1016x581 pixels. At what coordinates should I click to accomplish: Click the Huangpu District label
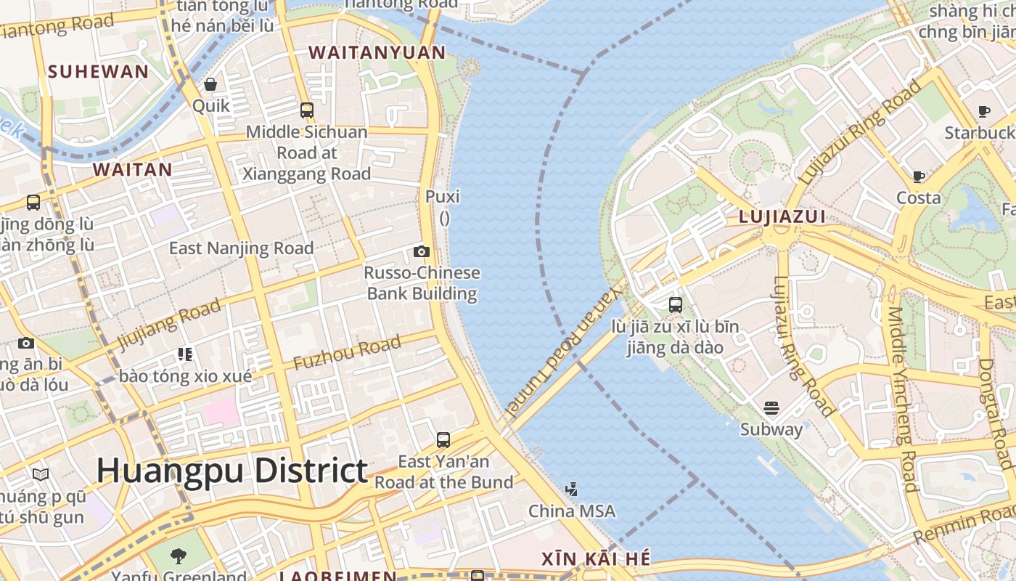point(232,471)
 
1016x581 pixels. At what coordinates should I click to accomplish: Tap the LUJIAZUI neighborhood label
point(782,216)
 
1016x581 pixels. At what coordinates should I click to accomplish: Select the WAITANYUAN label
point(377,52)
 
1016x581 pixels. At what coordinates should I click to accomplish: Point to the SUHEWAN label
point(98,71)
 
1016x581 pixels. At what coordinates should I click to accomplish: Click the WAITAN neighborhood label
point(133,170)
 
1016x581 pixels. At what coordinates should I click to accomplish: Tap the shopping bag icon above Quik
point(210,85)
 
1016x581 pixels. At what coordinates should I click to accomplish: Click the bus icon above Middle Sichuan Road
point(307,110)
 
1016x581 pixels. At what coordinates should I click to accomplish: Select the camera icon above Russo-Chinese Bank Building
point(422,252)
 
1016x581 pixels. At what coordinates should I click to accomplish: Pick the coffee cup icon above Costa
point(919,176)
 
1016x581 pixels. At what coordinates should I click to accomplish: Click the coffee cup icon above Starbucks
point(984,111)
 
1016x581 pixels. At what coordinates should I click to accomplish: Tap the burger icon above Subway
point(771,408)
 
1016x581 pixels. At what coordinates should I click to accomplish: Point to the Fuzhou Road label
point(347,353)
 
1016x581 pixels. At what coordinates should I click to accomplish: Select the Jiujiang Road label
point(169,324)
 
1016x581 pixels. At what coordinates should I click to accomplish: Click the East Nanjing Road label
point(241,248)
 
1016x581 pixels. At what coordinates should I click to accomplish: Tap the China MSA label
point(572,511)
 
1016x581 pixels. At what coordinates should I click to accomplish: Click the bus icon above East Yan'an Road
point(443,439)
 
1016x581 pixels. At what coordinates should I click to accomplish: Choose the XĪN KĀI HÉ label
point(596,559)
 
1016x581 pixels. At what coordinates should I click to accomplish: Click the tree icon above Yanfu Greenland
point(179,557)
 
